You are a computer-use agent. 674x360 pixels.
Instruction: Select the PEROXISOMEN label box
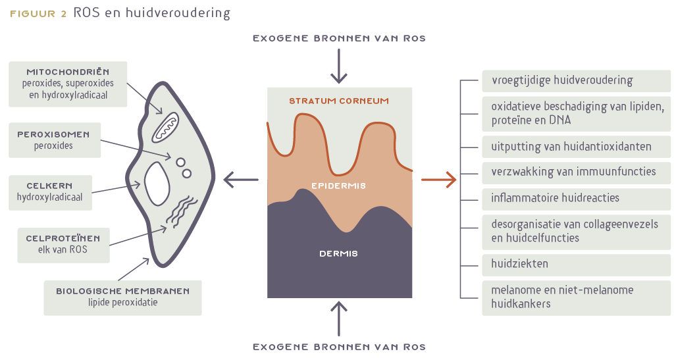[54, 140]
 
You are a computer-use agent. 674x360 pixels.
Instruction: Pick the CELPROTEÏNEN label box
[54, 244]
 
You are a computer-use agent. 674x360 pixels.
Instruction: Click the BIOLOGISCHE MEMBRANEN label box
[122, 297]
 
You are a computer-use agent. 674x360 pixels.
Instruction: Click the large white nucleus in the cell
[158, 182]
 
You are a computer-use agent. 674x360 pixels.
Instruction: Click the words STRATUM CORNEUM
[339, 101]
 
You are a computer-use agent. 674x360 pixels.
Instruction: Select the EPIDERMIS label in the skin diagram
[339, 186]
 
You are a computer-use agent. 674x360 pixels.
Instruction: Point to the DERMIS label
[339, 253]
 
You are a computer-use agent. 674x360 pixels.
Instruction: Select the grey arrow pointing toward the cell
[240, 178]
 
